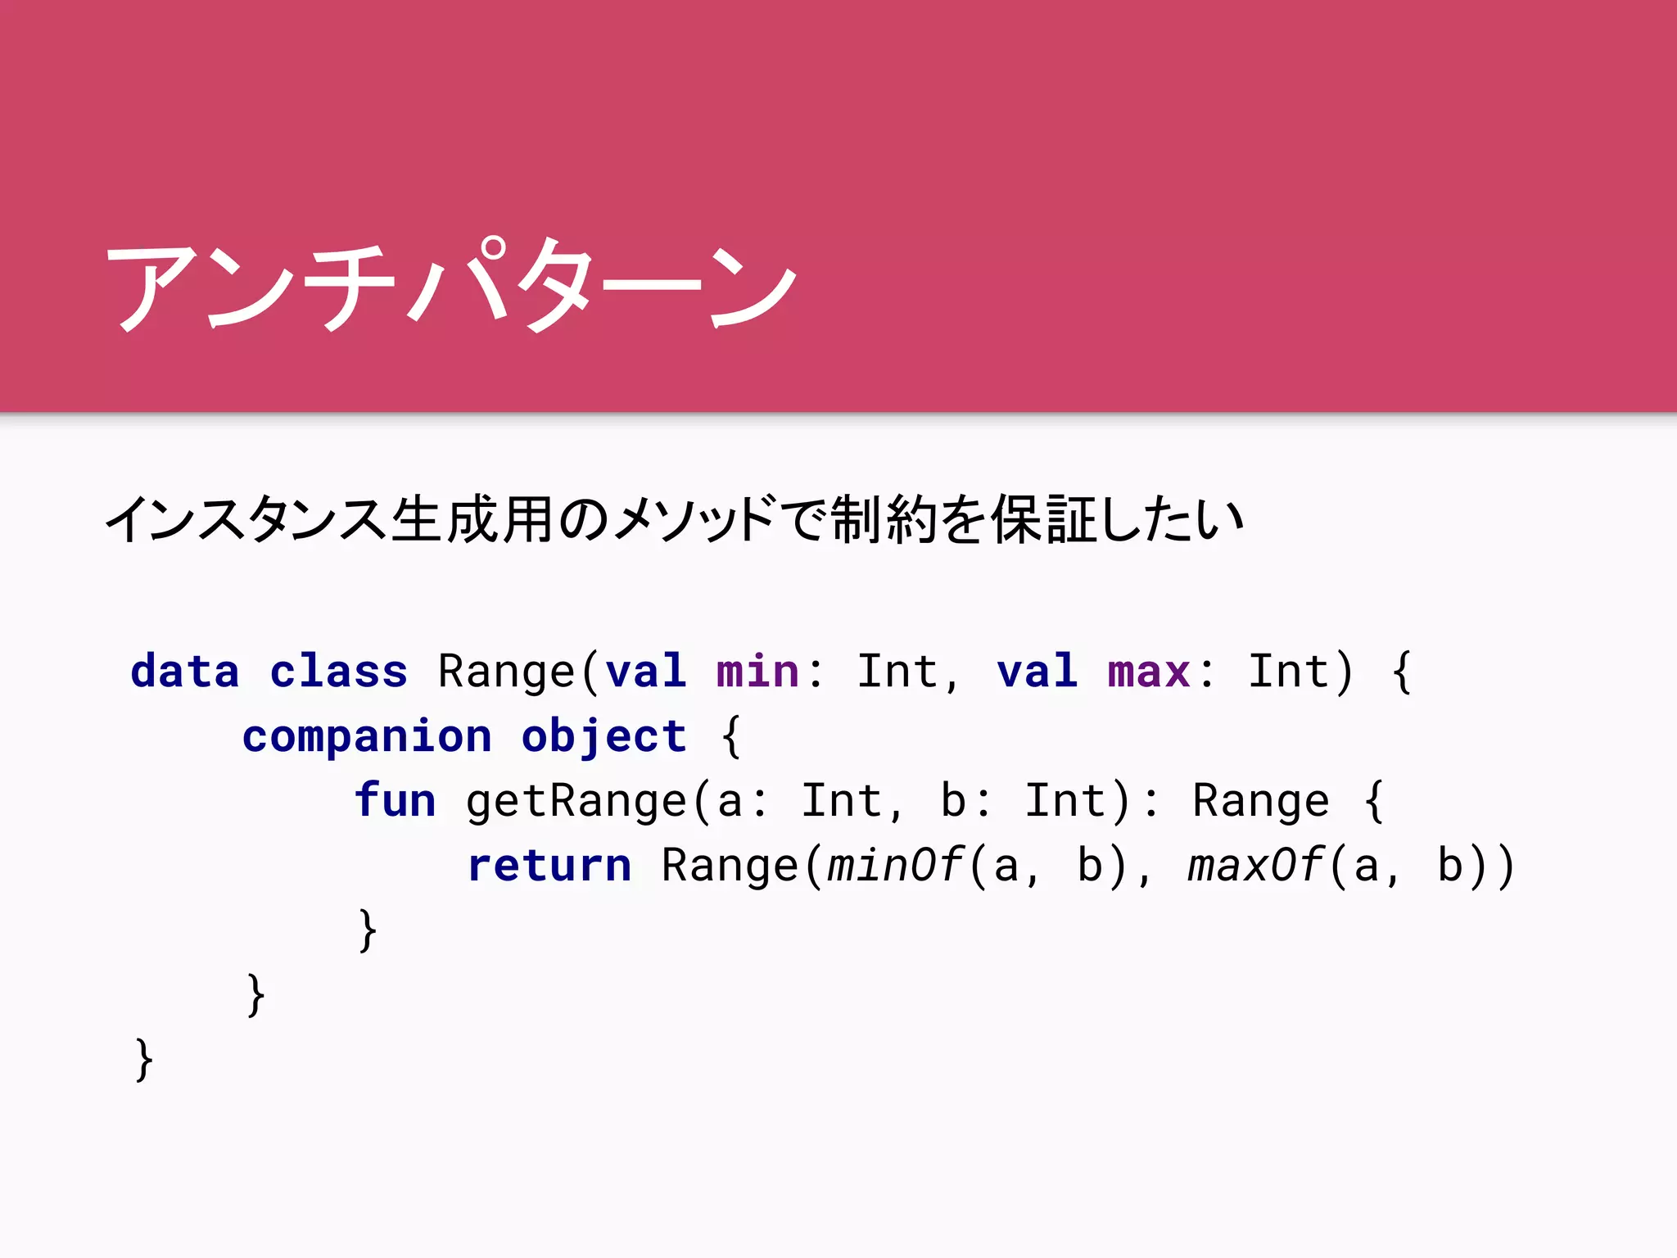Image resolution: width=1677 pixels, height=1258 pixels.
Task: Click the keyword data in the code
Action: click(x=185, y=672)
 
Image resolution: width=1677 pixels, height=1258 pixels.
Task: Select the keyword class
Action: click(x=338, y=672)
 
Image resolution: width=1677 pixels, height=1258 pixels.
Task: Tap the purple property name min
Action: click(x=757, y=672)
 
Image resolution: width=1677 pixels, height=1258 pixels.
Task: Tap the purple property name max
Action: click(x=1148, y=672)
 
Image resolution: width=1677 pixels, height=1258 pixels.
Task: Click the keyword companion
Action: click(x=367, y=736)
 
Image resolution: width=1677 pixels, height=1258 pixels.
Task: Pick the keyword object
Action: click(x=603, y=736)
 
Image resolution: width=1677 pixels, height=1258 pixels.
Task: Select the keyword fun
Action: click(x=395, y=800)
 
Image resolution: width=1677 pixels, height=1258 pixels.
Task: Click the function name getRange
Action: click(x=576, y=800)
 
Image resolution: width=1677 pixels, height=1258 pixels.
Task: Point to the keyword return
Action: click(x=549, y=866)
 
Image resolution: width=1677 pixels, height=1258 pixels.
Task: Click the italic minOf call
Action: click(x=894, y=866)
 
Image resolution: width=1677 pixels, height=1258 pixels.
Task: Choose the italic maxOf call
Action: click(x=1255, y=866)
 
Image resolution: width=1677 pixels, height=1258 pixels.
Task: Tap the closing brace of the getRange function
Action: click(x=368, y=930)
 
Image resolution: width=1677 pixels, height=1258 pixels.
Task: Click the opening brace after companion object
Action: click(x=731, y=736)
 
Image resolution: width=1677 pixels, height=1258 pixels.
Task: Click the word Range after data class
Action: click(x=507, y=672)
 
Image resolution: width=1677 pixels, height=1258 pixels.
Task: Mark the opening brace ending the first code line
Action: click(x=1402, y=672)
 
